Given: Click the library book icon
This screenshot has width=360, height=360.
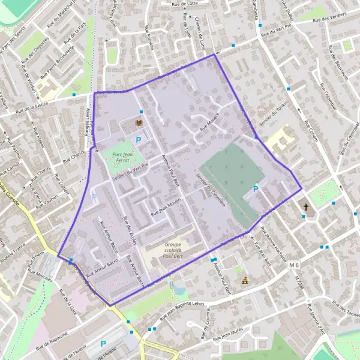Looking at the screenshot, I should pos(140,123).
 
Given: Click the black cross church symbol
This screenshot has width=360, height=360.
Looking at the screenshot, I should pos(306,207).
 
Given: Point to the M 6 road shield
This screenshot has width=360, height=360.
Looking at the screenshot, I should pos(293,265).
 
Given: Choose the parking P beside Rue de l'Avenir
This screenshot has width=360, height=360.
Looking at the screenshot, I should pos(103,344).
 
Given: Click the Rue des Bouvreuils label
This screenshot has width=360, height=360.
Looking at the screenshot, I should pos(341,66).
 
